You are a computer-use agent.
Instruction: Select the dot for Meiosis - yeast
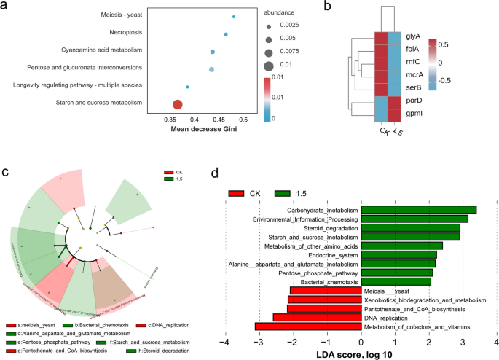tap(233, 17)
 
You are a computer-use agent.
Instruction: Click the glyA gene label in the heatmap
tap(412, 35)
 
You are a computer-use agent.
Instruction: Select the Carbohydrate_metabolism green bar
tap(419, 211)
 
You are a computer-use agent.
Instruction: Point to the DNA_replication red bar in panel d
tap(317, 317)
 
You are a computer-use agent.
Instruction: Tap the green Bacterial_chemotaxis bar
tap(396, 281)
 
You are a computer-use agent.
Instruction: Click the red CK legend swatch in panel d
tap(237, 194)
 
